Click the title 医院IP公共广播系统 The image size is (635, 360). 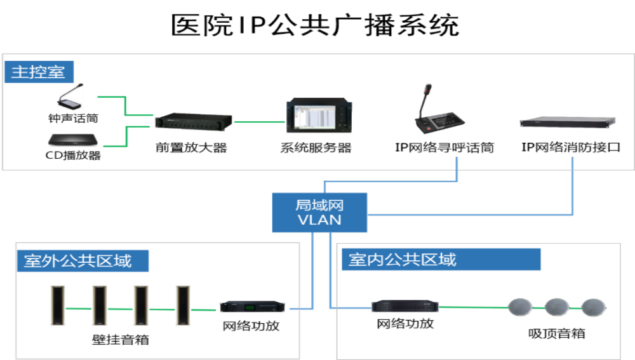(x=315, y=25)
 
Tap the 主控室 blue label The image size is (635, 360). (x=39, y=72)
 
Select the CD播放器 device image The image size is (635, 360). (x=73, y=140)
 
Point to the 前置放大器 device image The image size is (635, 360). (x=194, y=121)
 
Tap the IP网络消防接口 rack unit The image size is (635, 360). (x=568, y=122)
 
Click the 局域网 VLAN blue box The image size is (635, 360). (x=319, y=213)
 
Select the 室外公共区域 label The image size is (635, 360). (x=83, y=261)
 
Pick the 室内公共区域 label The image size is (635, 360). (x=441, y=260)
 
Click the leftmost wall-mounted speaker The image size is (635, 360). (x=58, y=305)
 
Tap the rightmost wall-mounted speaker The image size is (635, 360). (x=183, y=305)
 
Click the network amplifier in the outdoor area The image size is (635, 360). (x=252, y=307)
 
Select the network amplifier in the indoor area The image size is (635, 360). (x=405, y=306)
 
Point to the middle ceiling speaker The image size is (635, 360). (x=557, y=307)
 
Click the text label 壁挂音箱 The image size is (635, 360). (x=120, y=340)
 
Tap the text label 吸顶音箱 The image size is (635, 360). (x=556, y=334)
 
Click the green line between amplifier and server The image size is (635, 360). (x=260, y=121)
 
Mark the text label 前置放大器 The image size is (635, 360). (x=191, y=147)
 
